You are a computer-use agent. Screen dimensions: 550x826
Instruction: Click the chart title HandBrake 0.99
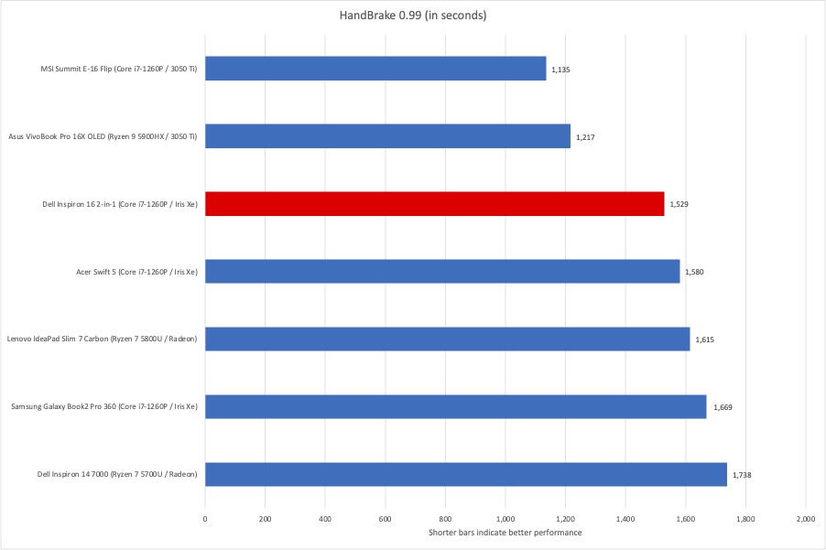pyautogui.click(x=413, y=15)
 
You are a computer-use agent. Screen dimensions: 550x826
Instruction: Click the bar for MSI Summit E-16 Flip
pyautogui.click(x=375, y=69)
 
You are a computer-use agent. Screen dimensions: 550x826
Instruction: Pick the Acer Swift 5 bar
pyautogui.click(x=442, y=271)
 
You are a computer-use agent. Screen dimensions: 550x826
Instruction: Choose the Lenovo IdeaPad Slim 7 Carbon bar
pyautogui.click(x=447, y=339)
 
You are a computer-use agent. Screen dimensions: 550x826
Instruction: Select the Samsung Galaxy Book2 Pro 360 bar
pyautogui.click(x=455, y=406)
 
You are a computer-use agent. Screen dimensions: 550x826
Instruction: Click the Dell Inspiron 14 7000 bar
pyautogui.click(x=465, y=474)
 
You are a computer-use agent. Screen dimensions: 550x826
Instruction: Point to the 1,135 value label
pyautogui.click(x=560, y=70)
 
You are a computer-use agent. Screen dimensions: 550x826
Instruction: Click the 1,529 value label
pyautogui.click(x=679, y=204)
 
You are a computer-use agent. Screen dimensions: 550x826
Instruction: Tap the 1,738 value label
pyautogui.click(x=742, y=475)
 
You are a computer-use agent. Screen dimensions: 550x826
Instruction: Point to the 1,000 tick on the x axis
pyautogui.click(x=505, y=518)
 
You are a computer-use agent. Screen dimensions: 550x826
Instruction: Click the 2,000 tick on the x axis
pyautogui.click(x=805, y=518)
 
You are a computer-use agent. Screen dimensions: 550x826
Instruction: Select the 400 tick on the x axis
pyautogui.click(x=325, y=518)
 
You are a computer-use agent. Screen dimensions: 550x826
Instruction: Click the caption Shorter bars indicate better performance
pyautogui.click(x=505, y=533)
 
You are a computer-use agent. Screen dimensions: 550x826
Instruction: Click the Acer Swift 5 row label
pyautogui.click(x=136, y=271)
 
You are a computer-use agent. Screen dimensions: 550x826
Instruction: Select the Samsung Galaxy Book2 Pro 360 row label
pyautogui.click(x=103, y=406)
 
